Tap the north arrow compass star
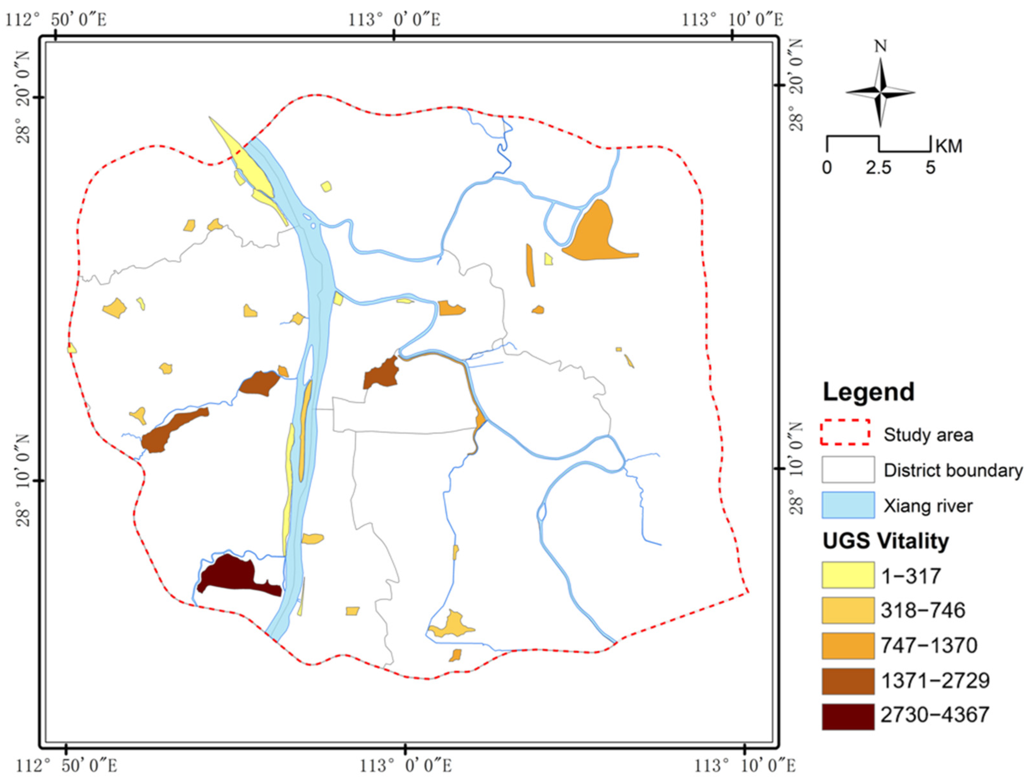click(x=880, y=92)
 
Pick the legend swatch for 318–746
click(x=847, y=610)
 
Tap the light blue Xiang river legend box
click(x=847, y=505)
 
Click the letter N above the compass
click(x=880, y=47)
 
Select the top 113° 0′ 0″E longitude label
click(x=395, y=20)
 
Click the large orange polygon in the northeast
click(x=597, y=235)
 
